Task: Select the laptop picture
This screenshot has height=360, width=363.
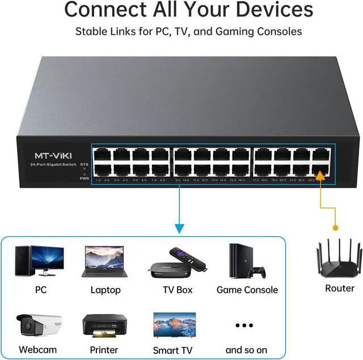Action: point(105,261)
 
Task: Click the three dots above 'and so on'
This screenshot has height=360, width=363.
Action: point(244,325)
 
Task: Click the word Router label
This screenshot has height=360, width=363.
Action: point(340,288)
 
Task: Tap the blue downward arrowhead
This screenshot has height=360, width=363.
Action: point(179,229)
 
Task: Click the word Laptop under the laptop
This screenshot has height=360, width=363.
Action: point(105,290)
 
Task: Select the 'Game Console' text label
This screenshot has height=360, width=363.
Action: point(247,290)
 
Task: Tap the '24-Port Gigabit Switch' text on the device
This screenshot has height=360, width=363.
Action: point(54,164)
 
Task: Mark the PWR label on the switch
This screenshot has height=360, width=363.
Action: point(84,177)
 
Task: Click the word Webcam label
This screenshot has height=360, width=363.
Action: point(38,349)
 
